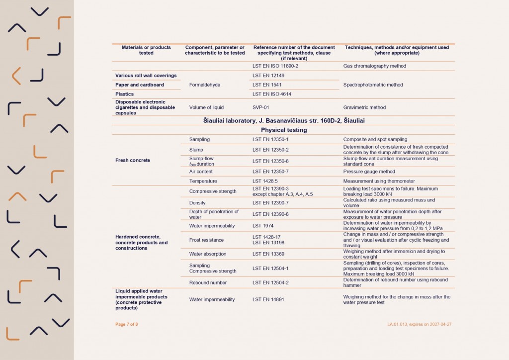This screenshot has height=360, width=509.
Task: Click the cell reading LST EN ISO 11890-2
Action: point(275,66)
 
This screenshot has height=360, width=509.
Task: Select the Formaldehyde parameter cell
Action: point(205,85)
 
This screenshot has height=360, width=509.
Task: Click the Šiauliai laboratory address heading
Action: point(283,120)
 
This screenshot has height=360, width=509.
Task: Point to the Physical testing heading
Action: point(283,130)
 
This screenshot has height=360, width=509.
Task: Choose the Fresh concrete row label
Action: point(133,160)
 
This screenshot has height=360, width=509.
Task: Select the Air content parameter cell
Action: point(201,172)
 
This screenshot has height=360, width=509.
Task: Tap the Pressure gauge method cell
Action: point(369,172)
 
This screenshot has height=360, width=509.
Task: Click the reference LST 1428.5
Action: point(265,181)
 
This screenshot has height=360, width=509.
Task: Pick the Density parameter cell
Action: point(197,203)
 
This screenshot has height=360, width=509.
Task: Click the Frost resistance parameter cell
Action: point(206,240)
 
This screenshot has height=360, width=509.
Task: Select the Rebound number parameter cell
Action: point(208,282)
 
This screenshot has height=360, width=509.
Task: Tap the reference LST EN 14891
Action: point(268,299)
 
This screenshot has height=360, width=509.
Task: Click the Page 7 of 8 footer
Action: point(127,324)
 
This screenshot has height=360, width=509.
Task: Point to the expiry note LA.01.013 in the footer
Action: point(420,324)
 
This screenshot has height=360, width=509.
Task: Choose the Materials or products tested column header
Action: point(146,50)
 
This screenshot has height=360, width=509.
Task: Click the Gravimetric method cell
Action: point(364,107)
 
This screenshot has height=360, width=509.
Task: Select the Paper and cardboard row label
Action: point(140,85)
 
